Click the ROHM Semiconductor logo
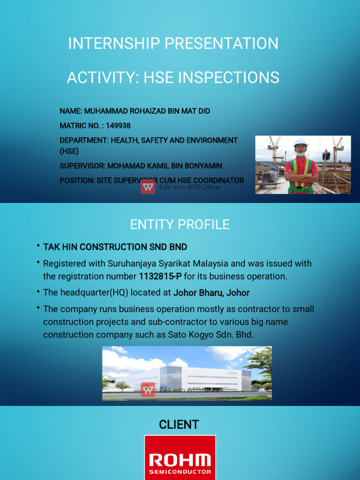(180, 459)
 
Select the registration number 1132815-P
(160, 277)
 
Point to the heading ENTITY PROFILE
(180, 225)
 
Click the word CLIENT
(179, 425)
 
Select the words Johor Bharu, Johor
(211, 293)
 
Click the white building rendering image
(187, 374)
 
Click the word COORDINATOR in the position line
(220, 180)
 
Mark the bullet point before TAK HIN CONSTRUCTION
(37, 247)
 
